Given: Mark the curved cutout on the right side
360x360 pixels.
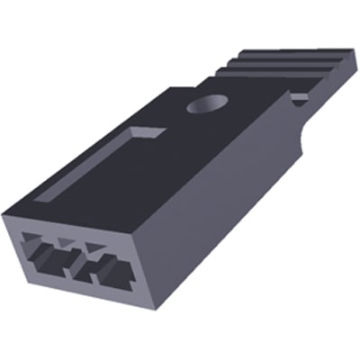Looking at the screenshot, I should tap(301, 135).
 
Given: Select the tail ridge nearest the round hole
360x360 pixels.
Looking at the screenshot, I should tap(247, 85).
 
